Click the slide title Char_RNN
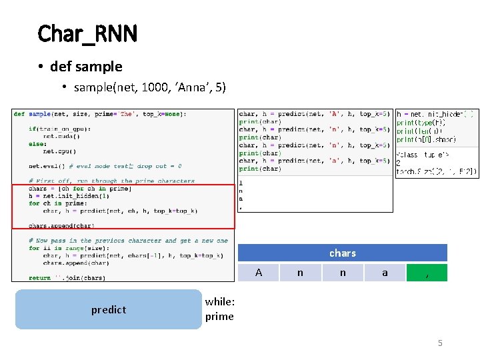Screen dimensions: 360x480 pyautogui.click(x=87, y=33)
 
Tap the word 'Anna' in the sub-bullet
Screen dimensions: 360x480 pyautogui.click(x=191, y=87)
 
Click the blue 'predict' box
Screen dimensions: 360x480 pyautogui.click(x=108, y=309)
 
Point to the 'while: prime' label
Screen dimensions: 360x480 pyautogui.click(x=219, y=309)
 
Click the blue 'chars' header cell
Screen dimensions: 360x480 pyautogui.click(x=343, y=253)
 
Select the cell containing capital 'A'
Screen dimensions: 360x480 pyautogui.click(x=259, y=273)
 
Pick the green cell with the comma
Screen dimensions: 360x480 pyautogui.click(x=427, y=273)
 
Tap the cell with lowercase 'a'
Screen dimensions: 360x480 pyautogui.click(x=385, y=273)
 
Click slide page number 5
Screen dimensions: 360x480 pyautogui.click(x=440, y=343)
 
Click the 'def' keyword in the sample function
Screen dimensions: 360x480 pyautogui.click(x=19, y=114)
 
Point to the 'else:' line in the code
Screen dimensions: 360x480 pyautogui.click(x=37, y=143)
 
